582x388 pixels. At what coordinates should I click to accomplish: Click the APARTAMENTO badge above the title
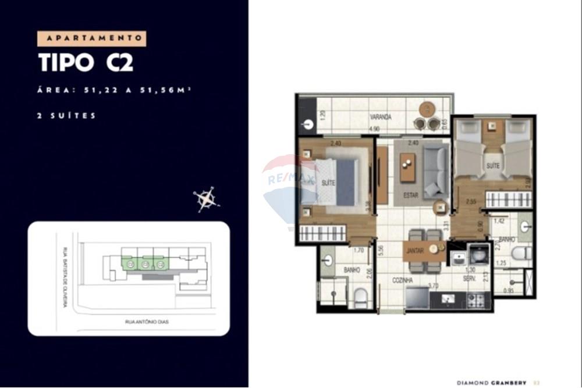click(x=91, y=38)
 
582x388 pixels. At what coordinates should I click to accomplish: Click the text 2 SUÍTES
click(x=65, y=116)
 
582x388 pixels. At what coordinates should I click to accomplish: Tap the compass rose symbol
click(x=206, y=199)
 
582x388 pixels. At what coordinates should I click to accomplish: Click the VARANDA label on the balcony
click(x=380, y=117)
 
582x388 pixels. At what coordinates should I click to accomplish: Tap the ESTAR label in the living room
click(x=411, y=195)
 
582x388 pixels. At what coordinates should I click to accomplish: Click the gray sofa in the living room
click(x=435, y=172)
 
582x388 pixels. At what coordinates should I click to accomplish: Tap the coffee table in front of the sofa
click(x=408, y=168)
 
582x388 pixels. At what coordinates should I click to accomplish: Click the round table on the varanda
click(x=428, y=109)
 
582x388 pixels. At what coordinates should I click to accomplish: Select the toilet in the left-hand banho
click(x=360, y=298)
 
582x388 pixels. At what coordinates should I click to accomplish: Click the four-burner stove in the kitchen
click(x=475, y=300)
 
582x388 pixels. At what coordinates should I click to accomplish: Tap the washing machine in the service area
click(x=479, y=254)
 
